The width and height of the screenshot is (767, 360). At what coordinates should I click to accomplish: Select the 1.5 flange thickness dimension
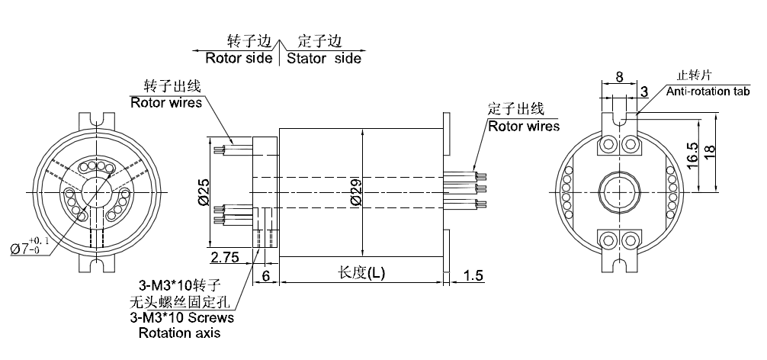click(x=473, y=275)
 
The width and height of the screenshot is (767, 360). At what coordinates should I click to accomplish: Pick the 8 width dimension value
click(x=619, y=77)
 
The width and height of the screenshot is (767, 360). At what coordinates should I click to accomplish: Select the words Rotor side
click(x=239, y=58)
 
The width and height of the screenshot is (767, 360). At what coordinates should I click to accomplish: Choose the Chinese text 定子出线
click(x=516, y=108)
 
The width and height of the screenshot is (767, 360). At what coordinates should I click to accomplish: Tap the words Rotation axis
click(x=179, y=333)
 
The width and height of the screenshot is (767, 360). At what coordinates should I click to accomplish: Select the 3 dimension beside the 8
click(x=644, y=92)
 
